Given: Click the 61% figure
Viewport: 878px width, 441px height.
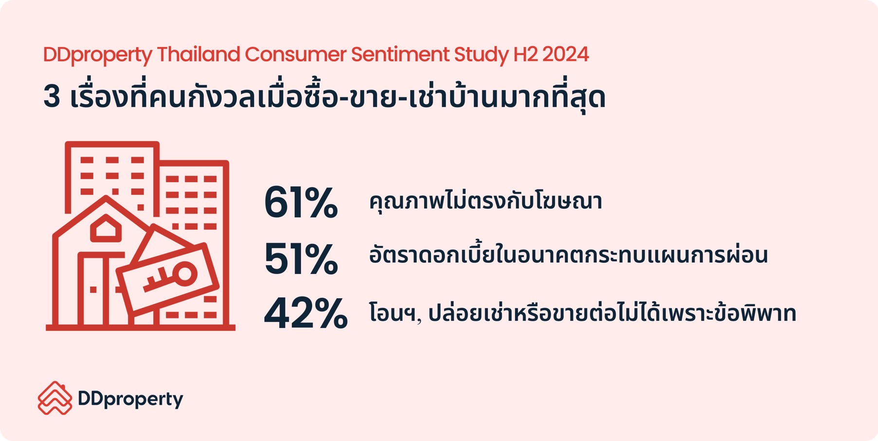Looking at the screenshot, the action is (301, 202).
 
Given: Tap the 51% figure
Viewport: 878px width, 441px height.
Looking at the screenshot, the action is (301, 259).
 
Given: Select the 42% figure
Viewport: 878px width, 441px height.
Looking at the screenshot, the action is (305, 313).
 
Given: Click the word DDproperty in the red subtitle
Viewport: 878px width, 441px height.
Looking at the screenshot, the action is (98, 55).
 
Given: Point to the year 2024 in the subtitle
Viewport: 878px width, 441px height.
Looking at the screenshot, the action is (565, 54).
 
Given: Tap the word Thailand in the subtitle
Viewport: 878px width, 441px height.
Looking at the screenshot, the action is (198, 54).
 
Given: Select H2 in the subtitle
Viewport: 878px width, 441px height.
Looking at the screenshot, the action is (526, 54).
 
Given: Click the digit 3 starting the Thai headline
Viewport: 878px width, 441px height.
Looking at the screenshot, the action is (52, 96).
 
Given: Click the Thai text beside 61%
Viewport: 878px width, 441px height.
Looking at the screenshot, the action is (485, 201).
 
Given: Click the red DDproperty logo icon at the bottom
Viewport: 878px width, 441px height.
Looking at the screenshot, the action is (54, 398).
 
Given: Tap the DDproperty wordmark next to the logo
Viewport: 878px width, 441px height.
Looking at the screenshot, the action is (130, 400).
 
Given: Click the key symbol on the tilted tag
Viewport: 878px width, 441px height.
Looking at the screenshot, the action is (170, 277).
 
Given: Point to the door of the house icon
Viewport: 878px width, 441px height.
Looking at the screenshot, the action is (93, 290).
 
